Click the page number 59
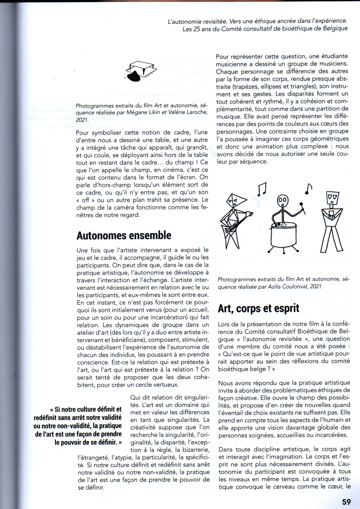(346, 501)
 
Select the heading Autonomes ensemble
(124, 235)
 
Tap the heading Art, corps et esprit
(258, 308)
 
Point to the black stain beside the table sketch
(134, 76)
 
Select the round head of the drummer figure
(283, 200)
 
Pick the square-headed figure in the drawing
(332, 221)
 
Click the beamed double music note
(262, 189)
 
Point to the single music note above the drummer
(309, 189)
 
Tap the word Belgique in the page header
(335, 28)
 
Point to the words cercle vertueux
(156, 384)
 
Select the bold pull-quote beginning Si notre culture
(78, 425)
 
